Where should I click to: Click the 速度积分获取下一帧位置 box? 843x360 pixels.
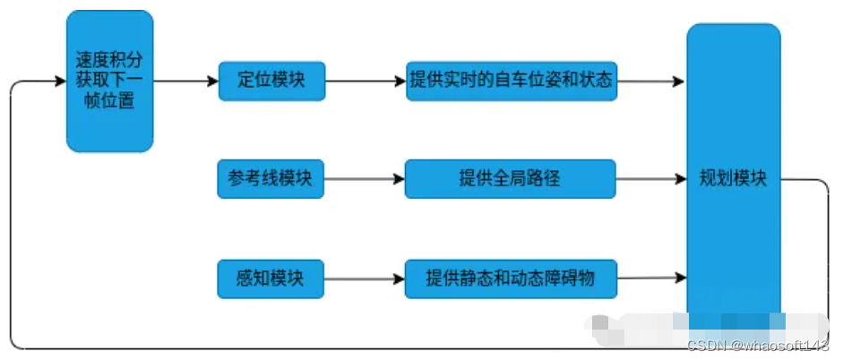point(110,81)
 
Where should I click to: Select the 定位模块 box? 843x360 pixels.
point(271,81)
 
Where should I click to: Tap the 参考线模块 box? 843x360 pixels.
point(271,178)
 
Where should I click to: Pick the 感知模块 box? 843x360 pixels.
point(271,279)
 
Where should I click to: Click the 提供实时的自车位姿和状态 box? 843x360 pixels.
point(511,81)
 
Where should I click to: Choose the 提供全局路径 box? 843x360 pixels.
point(510,178)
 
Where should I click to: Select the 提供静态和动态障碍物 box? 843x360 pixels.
point(511,279)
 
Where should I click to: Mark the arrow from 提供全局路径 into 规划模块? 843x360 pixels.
point(651,179)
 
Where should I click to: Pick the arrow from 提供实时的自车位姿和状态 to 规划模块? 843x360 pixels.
point(651,81)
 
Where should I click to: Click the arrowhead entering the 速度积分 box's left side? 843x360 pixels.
point(60,82)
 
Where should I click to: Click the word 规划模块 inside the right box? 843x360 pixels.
point(733,178)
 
